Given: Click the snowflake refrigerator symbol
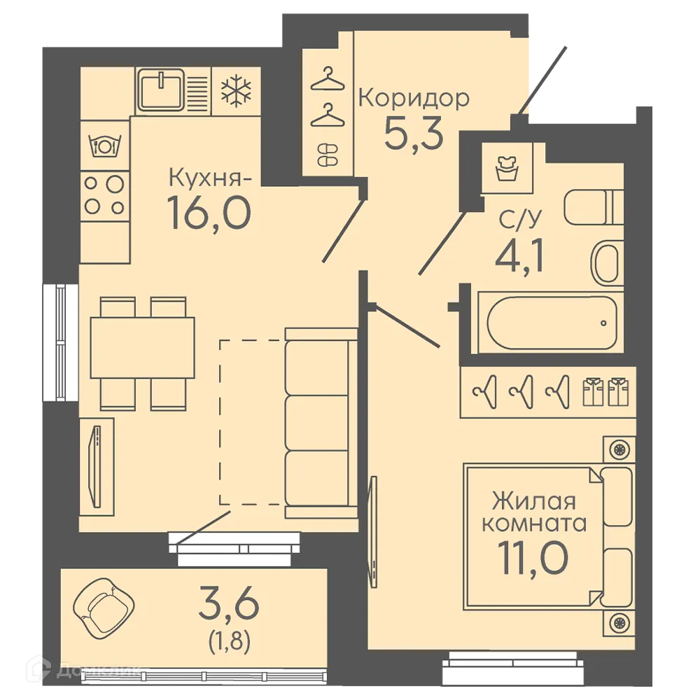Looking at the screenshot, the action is [x=236, y=92].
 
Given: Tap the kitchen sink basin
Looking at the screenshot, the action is [x=161, y=90].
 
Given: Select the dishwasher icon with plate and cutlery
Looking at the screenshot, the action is [x=105, y=146].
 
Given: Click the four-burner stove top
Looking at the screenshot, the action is [x=105, y=195].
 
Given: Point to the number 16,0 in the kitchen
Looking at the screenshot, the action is [x=209, y=213].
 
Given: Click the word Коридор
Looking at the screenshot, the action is [x=414, y=98].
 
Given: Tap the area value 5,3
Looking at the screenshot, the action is [x=414, y=133].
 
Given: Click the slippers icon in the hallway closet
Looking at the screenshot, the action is [x=328, y=155].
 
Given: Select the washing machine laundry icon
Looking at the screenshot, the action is [x=507, y=168].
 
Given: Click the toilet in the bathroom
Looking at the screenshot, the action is [x=594, y=207].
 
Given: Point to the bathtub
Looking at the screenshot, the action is [x=551, y=322].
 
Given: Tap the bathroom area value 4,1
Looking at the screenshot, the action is [x=519, y=255].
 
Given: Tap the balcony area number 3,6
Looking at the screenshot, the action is [x=229, y=603].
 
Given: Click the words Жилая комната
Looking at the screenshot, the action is [x=534, y=512].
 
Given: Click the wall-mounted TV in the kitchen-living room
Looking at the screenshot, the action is [x=95, y=466].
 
